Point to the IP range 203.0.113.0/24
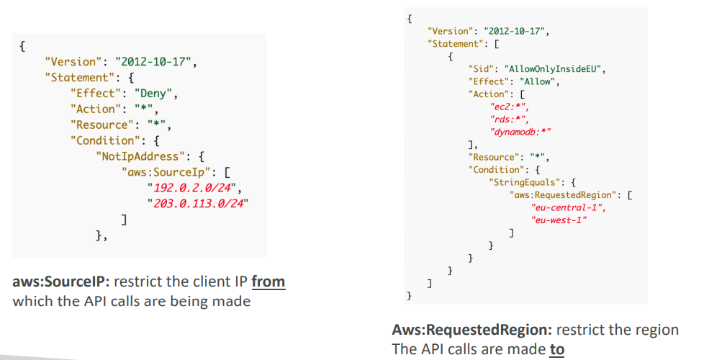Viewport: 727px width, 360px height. [197, 203]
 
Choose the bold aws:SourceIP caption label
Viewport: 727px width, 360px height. [61, 282]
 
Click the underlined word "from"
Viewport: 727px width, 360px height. [268, 282]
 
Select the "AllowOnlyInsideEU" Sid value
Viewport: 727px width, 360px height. [555, 68]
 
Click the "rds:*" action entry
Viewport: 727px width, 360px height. [505, 119]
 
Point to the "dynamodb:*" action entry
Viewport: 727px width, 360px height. [520, 132]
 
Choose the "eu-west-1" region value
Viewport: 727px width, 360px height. [558, 220]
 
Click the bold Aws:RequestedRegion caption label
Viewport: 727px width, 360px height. [471, 330]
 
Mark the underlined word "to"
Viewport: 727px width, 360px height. [557, 349]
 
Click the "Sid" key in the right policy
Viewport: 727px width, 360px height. [479, 68]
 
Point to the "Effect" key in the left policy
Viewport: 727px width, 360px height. [93, 93]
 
